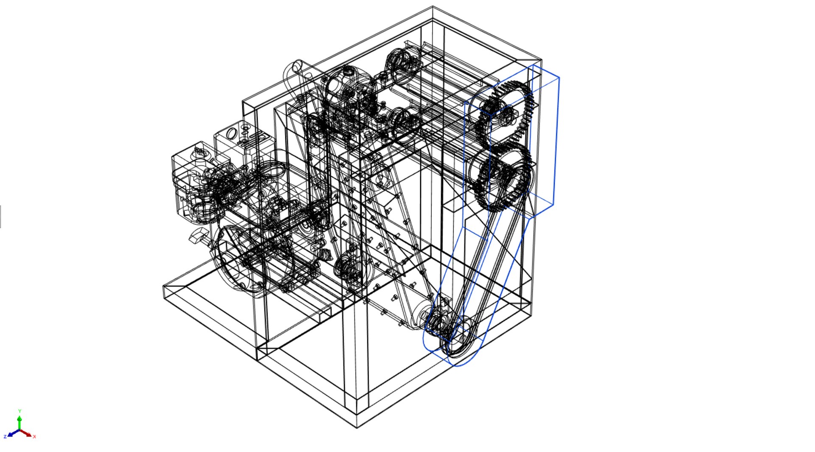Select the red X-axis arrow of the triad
26,433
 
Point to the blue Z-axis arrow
13,433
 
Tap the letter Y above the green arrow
20,411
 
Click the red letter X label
34,436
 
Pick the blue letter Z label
5,436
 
